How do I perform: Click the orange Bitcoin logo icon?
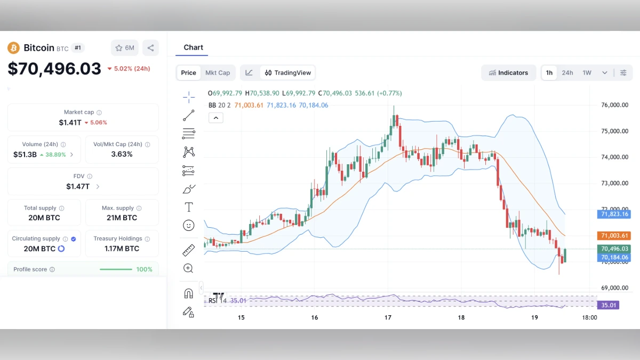click(x=13, y=48)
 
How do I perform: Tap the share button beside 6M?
click(x=150, y=48)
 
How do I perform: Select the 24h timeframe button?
click(x=567, y=73)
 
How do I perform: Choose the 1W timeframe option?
click(x=587, y=73)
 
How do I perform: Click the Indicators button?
click(x=508, y=73)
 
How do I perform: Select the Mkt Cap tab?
click(x=218, y=73)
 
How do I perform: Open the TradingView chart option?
click(x=288, y=73)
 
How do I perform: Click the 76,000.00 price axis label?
click(x=614, y=105)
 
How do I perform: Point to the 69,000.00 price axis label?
click(x=614, y=288)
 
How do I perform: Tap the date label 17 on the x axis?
click(x=388, y=317)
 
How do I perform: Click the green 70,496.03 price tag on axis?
click(x=614, y=249)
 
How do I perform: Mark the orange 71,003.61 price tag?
click(x=614, y=236)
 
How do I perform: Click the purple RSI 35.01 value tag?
click(x=610, y=306)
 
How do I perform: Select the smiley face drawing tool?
click(x=188, y=226)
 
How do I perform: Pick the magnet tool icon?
click(x=188, y=293)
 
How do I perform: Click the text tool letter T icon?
click(x=188, y=207)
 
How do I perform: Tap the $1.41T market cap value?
click(x=70, y=122)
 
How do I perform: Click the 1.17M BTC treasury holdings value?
click(x=122, y=249)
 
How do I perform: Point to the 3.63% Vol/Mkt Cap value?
click(x=122, y=154)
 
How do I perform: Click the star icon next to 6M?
click(x=119, y=48)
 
